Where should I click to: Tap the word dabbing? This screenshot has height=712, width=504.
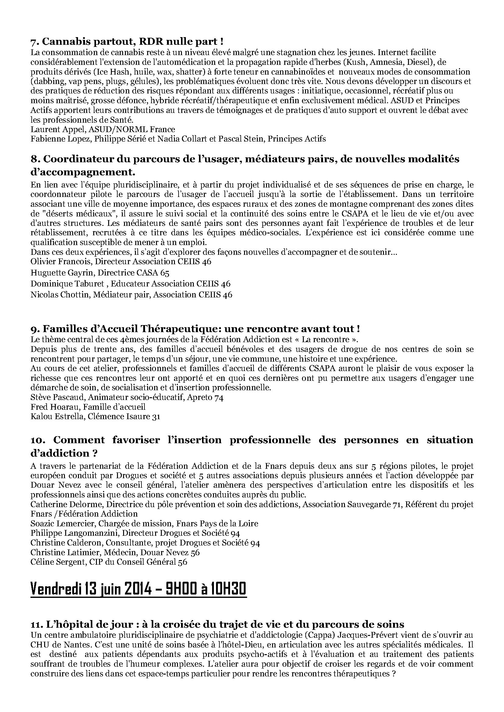click(x=46, y=82)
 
